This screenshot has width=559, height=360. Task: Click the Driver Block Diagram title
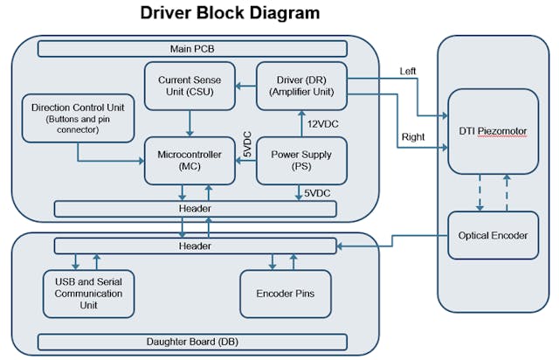(230, 14)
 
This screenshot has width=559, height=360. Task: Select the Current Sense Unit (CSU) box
(189, 86)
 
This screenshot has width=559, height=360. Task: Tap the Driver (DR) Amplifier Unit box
(301, 86)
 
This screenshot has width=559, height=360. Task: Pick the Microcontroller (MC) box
(189, 160)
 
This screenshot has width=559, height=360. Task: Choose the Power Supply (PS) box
(301, 160)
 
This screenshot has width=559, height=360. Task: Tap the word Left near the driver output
(408, 71)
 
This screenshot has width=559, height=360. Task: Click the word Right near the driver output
(411, 137)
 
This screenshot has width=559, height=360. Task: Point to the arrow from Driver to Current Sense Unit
(244, 86)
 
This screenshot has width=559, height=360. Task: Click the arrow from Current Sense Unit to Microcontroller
(189, 121)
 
